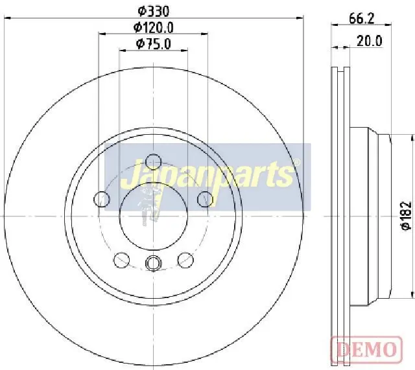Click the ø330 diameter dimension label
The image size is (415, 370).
tap(153, 12)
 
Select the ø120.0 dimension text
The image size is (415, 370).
tap(153, 27)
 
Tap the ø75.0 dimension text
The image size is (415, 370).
tap(153, 44)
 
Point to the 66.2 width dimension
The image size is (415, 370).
tap(362, 19)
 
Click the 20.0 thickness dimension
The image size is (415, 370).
tap(370, 41)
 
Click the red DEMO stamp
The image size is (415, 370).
tap(366, 349)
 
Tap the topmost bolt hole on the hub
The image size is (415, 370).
tap(154, 161)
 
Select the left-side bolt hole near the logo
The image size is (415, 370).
tap(102, 199)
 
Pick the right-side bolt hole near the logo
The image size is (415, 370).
tap(205, 199)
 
